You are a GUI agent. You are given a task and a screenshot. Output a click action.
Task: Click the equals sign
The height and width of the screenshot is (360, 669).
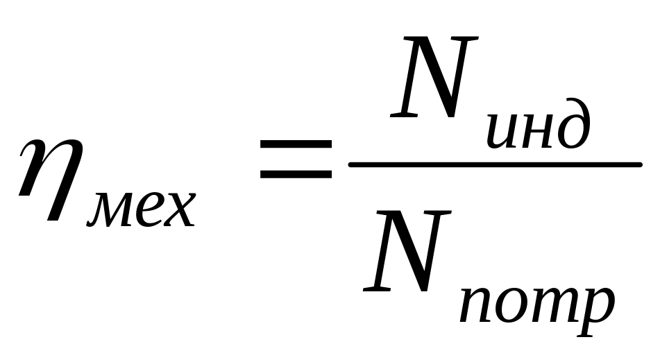coord(296,158)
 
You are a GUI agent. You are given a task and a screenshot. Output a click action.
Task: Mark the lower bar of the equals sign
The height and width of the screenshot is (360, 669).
coord(296,174)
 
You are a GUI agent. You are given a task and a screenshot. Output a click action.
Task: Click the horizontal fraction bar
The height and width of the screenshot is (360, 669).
coord(494,164)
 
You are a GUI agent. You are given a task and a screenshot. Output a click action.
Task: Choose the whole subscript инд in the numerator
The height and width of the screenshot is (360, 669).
coord(538,128)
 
